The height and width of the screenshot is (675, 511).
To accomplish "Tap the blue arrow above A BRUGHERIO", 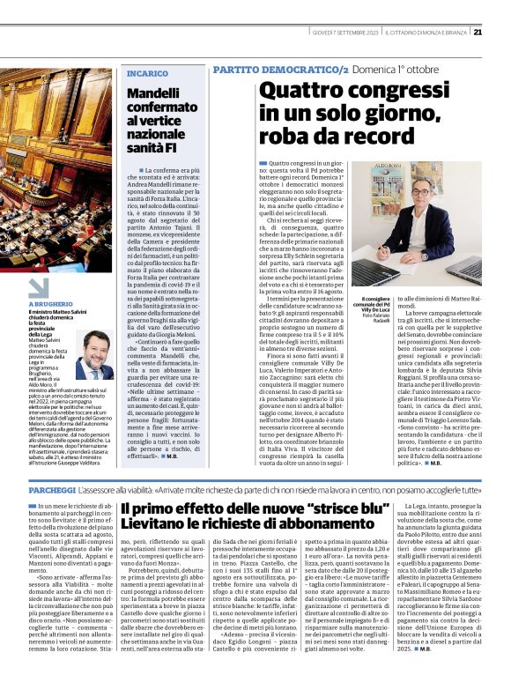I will coord(38,286).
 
